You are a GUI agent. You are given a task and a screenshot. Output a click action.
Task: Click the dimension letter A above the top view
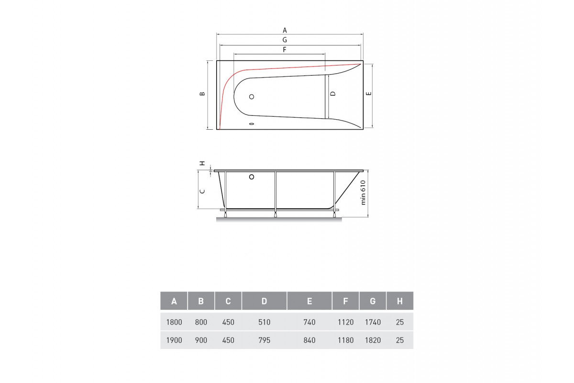pyautogui.click(x=285, y=30)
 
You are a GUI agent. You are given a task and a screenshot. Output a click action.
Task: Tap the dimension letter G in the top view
pyautogui.click(x=285, y=40)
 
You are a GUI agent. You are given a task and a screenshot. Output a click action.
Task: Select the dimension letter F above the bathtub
pyautogui.click(x=285, y=49)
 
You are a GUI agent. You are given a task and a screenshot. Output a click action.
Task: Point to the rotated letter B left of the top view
pyautogui.click(x=202, y=94)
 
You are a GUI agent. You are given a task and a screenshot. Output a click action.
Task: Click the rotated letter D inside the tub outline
pyautogui.click(x=333, y=94)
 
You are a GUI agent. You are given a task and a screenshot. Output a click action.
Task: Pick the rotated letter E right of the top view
pyautogui.click(x=369, y=94)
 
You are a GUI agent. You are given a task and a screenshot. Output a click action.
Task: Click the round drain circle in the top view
pyautogui.click(x=252, y=97)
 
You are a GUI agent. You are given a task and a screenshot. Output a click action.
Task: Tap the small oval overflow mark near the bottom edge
pyautogui.click(x=252, y=124)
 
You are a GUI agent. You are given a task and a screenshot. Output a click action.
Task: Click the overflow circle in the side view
pyautogui.click(x=252, y=177)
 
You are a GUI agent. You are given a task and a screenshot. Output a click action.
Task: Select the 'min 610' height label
pyautogui.click(x=363, y=192)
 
